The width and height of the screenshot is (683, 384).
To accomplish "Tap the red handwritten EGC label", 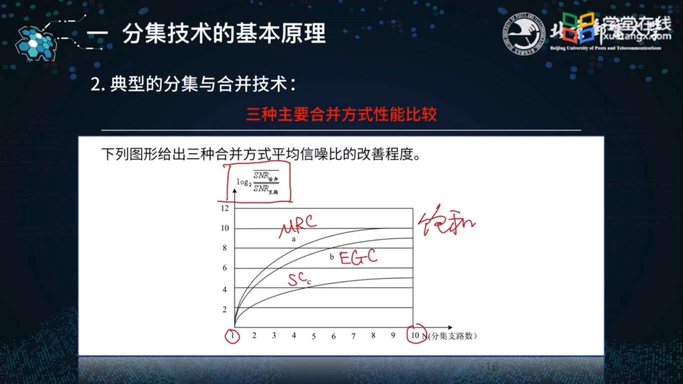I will pos(357,257).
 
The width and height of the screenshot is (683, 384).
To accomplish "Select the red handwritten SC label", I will pos(297,279).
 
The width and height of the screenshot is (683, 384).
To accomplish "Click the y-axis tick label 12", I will pos(224,208).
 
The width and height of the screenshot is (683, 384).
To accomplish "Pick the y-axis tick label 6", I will pos(224,268).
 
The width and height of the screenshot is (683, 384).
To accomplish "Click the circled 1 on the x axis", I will pos(232,336).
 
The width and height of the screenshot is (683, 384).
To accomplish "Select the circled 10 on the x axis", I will pos(415,335).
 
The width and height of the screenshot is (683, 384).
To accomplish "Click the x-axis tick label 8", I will pos(373,335).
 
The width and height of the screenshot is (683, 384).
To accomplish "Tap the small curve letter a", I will pos(294,239).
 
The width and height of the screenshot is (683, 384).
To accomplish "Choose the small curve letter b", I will pos(331,257).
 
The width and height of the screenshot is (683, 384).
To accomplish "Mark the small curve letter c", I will pos(309,282).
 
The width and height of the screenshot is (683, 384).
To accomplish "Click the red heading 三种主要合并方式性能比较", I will pos(341,114).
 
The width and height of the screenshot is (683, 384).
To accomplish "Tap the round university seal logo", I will pos(522,33).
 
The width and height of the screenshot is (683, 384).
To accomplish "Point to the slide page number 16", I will pos(492,367).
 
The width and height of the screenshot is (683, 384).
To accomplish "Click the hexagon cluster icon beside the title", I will pos(35,43).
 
